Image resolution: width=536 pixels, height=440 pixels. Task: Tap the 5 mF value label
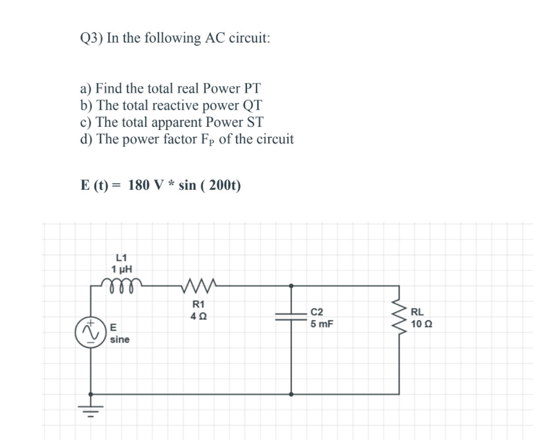(322, 324)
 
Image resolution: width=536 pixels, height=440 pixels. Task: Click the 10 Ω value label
(421, 324)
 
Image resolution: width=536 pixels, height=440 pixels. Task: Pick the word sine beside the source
(120, 340)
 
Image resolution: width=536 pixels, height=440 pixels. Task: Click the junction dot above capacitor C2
(292, 285)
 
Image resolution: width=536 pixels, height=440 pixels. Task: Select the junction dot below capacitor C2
(292, 394)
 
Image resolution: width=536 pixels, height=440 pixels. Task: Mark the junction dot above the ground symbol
(91, 394)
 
